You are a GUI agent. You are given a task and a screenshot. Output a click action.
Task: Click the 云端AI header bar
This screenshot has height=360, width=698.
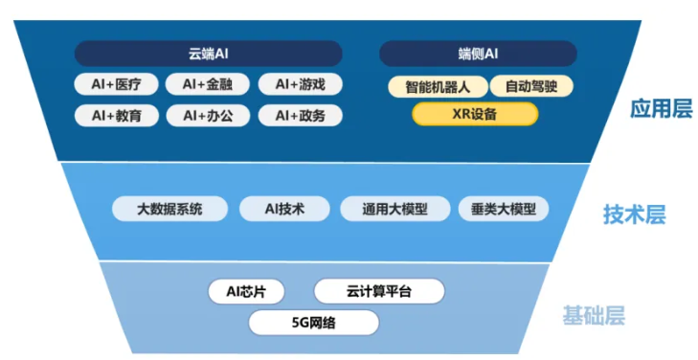coord(209,54)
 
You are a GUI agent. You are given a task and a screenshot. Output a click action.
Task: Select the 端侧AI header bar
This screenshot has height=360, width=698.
coord(478,54)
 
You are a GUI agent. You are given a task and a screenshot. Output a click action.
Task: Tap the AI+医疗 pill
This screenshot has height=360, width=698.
coord(116,84)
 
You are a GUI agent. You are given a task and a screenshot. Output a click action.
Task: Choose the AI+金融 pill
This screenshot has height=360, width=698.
coord(208,84)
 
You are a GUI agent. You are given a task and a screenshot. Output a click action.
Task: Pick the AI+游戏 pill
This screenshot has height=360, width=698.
coord(301,84)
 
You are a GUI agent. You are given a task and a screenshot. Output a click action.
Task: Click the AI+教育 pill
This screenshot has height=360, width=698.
coord(117,116)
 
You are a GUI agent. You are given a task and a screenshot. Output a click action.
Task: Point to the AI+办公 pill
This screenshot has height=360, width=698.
coord(208,116)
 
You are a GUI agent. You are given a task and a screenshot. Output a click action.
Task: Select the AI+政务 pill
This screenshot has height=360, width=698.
coord(301,116)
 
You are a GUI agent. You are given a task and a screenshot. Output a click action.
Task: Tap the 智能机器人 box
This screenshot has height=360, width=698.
coord(438,86)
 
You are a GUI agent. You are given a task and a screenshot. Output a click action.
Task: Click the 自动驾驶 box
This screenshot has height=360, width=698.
coord(531,86)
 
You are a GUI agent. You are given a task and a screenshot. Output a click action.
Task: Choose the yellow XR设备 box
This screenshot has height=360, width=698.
coord(475,114)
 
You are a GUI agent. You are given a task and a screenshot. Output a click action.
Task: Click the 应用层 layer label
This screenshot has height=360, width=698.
coord(662,108)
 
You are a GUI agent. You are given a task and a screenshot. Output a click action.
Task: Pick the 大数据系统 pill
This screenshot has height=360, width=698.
coord(169,209)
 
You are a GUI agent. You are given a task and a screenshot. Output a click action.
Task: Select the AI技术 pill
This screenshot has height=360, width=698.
coord(284,209)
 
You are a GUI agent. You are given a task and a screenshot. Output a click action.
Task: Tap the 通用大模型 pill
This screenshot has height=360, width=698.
coord(394,209)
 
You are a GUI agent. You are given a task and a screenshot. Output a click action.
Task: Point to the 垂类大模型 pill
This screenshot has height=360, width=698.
coord(504,209)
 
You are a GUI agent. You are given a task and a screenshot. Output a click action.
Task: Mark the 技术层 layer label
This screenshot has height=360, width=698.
coord(635,214)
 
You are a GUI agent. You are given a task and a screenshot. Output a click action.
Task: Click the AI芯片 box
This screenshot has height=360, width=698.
coord(246,291)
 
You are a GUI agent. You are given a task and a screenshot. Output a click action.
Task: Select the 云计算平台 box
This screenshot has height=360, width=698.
coord(379,291)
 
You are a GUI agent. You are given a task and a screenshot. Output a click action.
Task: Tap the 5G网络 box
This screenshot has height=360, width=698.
coord(314,323)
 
